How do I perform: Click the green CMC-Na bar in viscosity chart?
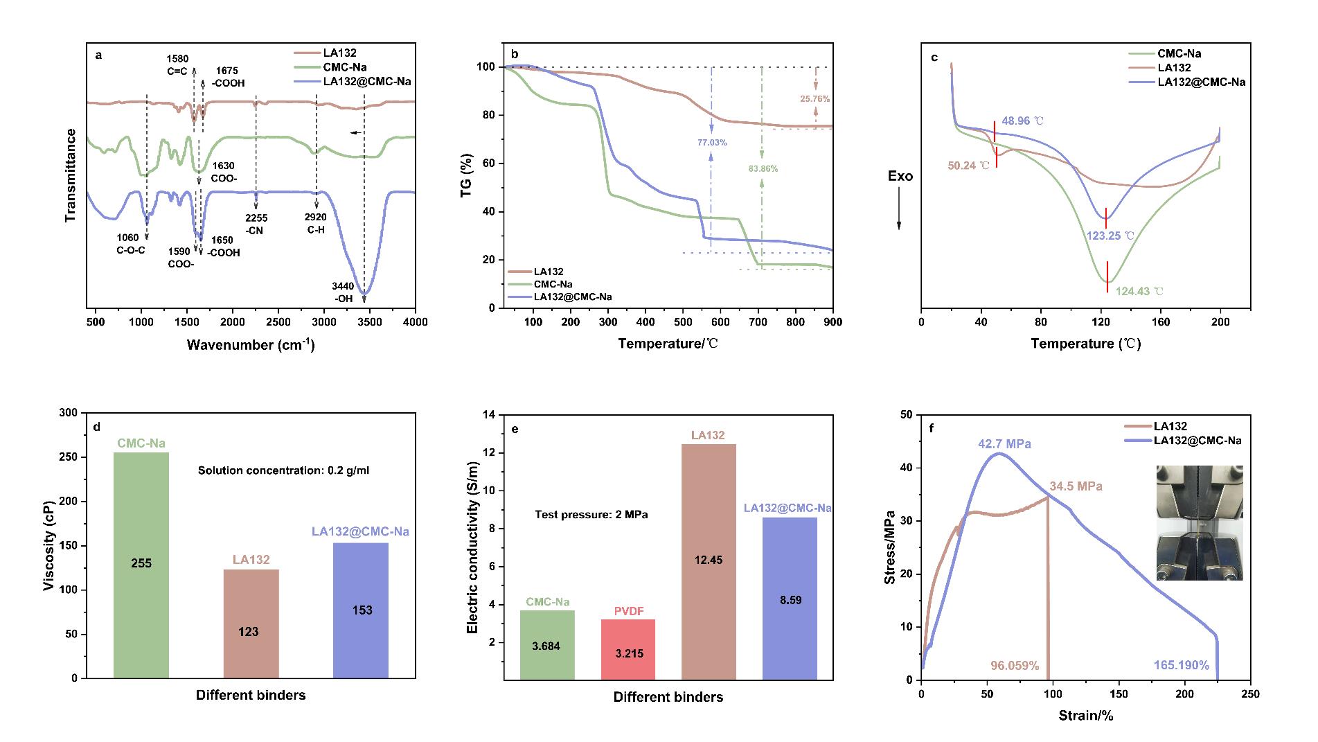(141, 565)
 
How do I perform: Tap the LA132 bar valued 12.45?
(708, 561)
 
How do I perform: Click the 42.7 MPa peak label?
(1004, 443)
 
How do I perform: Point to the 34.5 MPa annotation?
(1076, 486)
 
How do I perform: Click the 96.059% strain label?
(1015, 665)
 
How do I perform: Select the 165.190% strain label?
(1181, 665)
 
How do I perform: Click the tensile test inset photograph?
(1200, 522)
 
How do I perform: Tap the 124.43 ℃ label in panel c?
(1139, 292)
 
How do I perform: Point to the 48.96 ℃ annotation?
(1022, 121)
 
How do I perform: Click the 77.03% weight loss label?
(712, 142)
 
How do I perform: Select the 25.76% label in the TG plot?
(814, 99)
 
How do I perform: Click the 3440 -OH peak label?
(344, 292)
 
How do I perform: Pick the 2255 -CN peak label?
(256, 224)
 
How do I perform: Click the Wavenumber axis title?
(250, 344)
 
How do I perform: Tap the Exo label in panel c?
(900, 176)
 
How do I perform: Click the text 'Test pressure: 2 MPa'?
(591, 515)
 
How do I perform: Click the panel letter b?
(514, 53)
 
